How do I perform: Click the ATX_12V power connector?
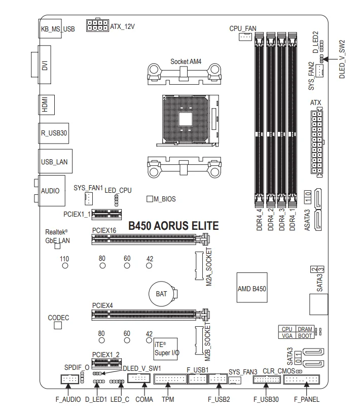click(97, 26)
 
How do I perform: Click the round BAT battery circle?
click(162, 293)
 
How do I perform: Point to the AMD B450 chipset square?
click(252, 288)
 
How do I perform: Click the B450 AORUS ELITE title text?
click(173, 226)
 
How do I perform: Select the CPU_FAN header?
click(245, 37)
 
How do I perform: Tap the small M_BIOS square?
click(150, 199)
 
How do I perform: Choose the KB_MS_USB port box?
click(57, 28)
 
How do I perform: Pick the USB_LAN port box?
click(54, 162)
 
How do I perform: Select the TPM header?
click(169, 379)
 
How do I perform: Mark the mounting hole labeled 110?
click(64, 265)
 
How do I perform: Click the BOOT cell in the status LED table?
click(305, 335)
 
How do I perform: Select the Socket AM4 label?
click(186, 61)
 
